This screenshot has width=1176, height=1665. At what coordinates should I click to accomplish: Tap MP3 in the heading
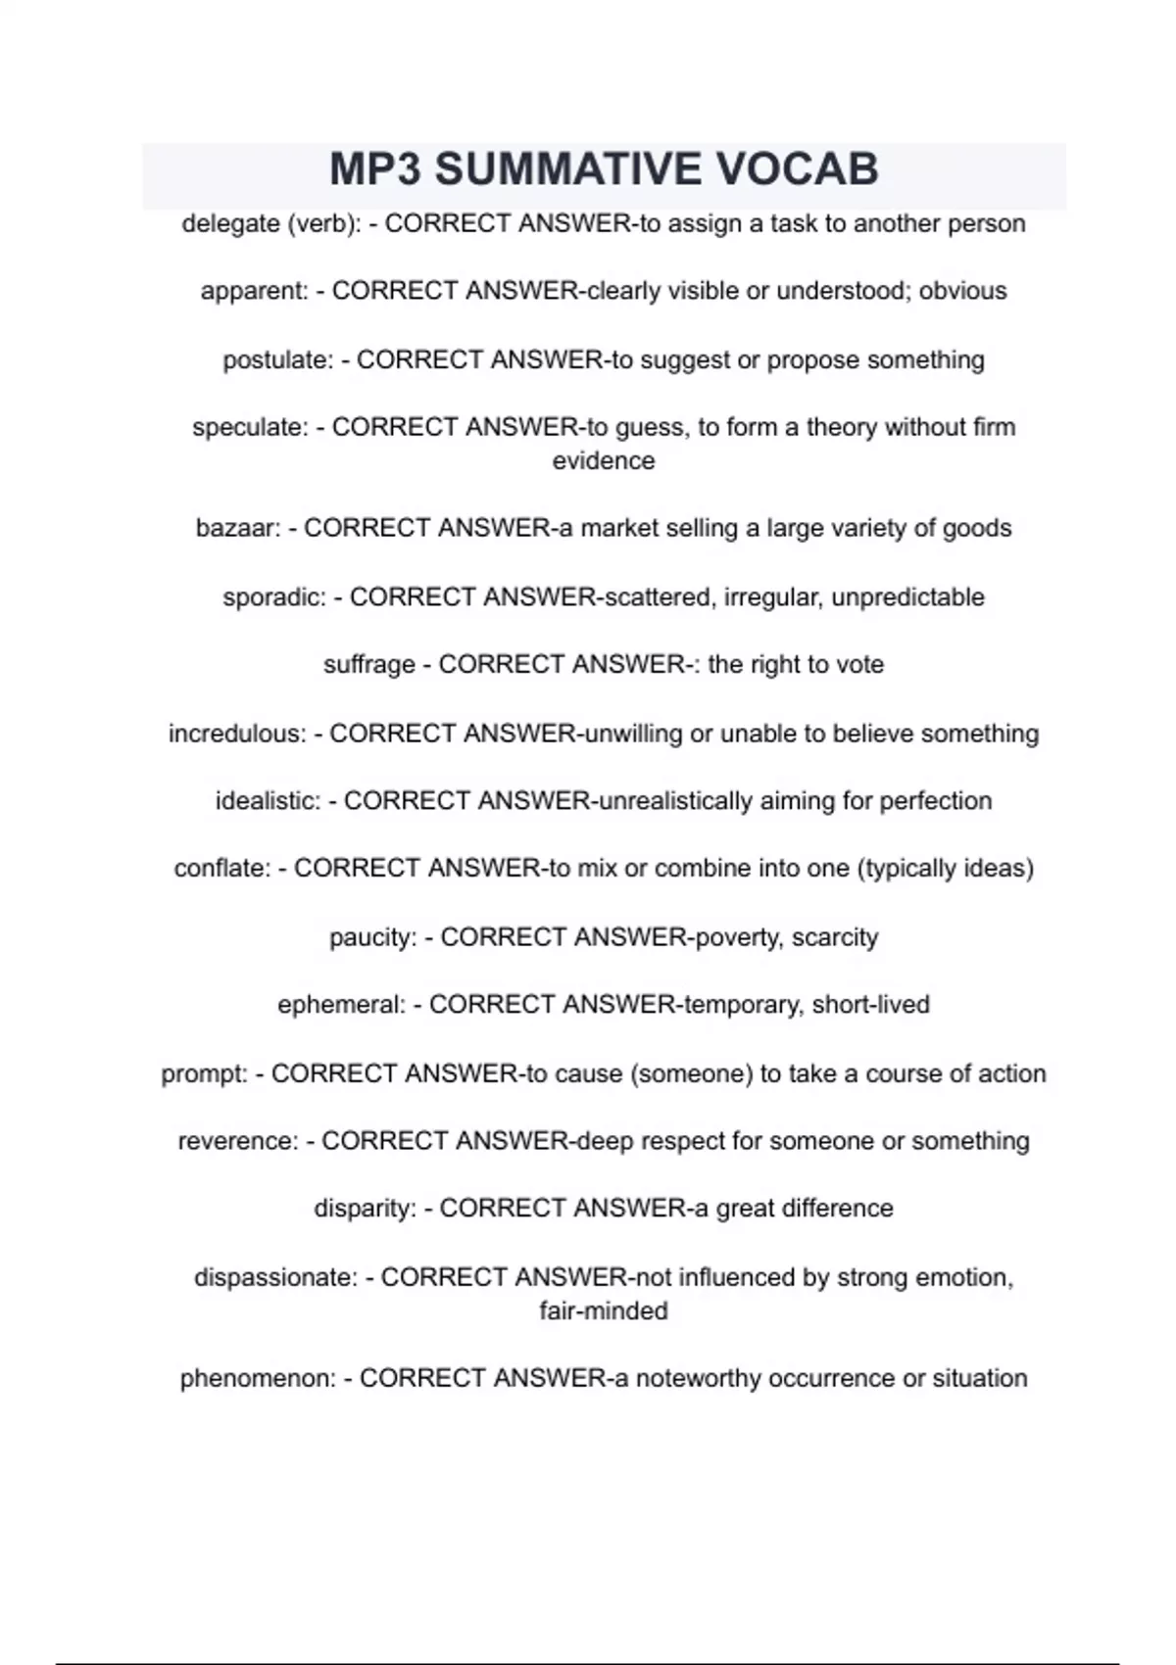tap(375, 169)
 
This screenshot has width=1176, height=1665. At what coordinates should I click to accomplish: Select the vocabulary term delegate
tap(230, 224)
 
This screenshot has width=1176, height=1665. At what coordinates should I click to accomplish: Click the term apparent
tap(254, 292)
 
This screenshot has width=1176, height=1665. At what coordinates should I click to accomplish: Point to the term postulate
tap(277, 360)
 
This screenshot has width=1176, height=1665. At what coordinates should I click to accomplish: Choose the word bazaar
tap(238, 529)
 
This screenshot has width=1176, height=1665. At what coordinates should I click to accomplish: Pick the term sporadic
tap(273, 597)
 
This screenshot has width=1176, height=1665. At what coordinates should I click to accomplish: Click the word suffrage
tap(368, 665)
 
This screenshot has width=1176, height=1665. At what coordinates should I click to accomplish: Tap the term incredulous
tap(236, 734)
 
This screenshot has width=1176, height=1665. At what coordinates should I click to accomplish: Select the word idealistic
tap(267, 801)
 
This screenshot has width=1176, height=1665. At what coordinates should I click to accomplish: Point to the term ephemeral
tap(340, 1005)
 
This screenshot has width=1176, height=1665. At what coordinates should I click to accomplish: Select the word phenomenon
tap(258, 1379)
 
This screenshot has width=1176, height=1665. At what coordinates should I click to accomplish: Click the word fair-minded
tap(603, 1311)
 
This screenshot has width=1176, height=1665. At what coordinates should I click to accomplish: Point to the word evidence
tap(603, 461)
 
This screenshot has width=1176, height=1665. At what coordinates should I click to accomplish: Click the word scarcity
tap(835, 937)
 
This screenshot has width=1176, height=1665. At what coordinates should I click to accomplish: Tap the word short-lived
tap(870, 1005)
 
